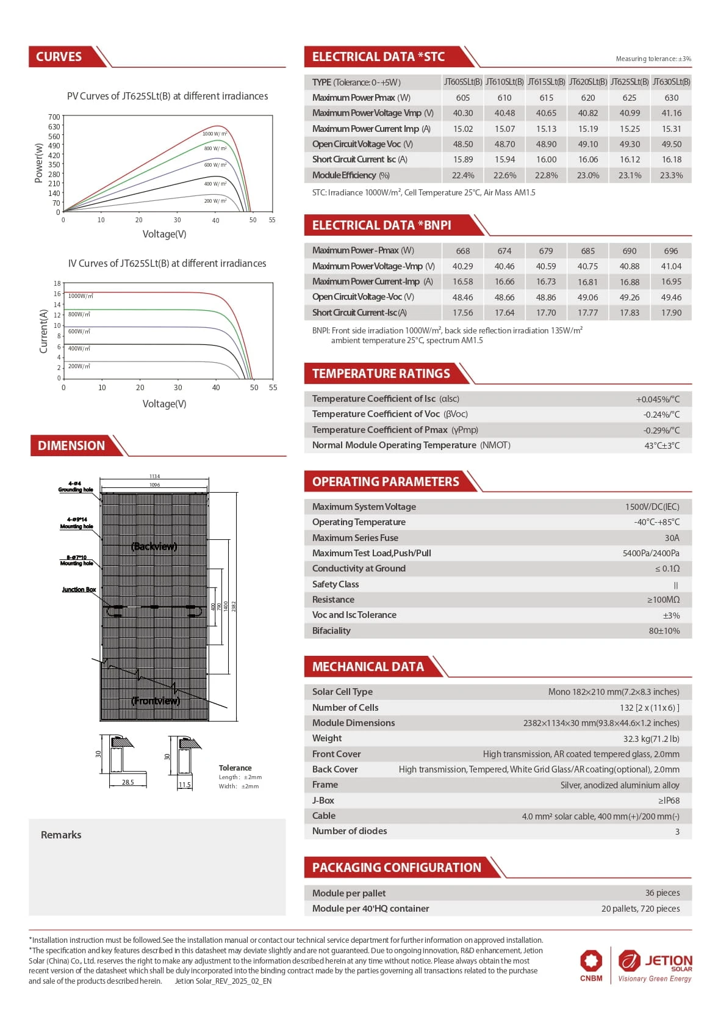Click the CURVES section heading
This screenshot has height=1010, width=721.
point(59,57)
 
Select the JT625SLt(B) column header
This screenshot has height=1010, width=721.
point(630,82)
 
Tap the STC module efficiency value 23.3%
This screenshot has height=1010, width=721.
point(671,175)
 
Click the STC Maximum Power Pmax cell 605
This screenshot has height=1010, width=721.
point(463,98)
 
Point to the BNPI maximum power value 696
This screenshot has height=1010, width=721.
point(671,251)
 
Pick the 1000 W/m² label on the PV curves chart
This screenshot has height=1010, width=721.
point(214,134)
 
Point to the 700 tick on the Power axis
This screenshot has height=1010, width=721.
point(54,117)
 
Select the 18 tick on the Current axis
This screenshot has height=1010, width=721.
point(57,283)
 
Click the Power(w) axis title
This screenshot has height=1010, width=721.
point(39,163)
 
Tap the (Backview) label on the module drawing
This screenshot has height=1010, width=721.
point(154,547)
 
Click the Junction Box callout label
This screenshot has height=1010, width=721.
point(79,590)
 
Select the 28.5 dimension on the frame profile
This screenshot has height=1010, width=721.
point(127,782)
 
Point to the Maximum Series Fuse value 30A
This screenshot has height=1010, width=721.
point(672,538)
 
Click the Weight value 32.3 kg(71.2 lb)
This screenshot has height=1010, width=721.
point(651,739)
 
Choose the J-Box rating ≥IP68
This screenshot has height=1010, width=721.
point(669,801)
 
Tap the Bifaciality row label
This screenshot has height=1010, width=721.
point(331,631)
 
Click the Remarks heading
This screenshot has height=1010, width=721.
point(61,835)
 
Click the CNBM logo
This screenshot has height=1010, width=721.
point(591,965)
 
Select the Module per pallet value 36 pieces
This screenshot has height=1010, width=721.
point(662,893)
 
